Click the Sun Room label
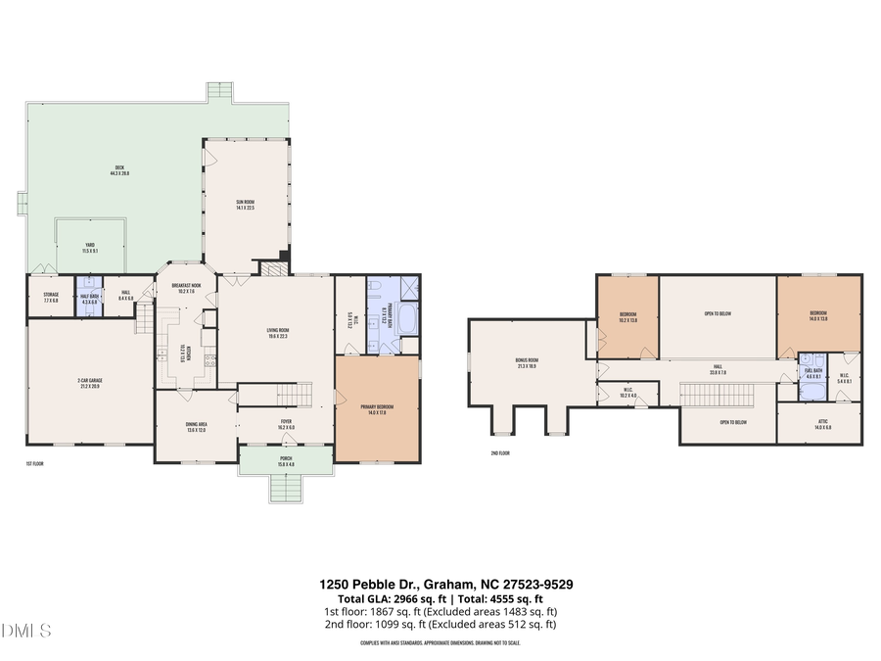[245, 203]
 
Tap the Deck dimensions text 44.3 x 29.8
[121, 173]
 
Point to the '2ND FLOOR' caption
[501, 453]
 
